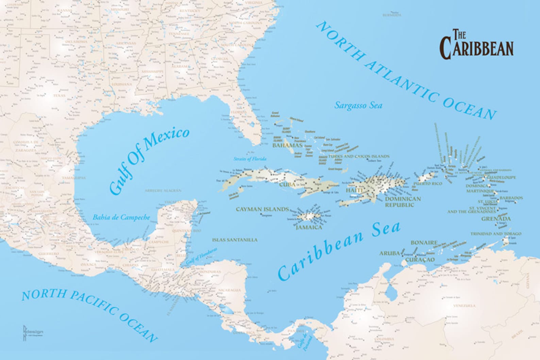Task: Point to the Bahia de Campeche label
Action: click(121, 217)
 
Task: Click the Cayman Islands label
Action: click(262, 209)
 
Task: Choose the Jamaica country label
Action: click(308, 227)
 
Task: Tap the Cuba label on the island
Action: click(288, 185)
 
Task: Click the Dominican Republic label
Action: click(403, 202)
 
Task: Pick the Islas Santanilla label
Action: click(235, 240)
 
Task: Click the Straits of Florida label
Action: click(250, 159)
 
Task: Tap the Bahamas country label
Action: click(287, 145)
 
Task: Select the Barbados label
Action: click(511, 198)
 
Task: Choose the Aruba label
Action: click(389, 253)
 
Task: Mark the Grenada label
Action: click(496, 219)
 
